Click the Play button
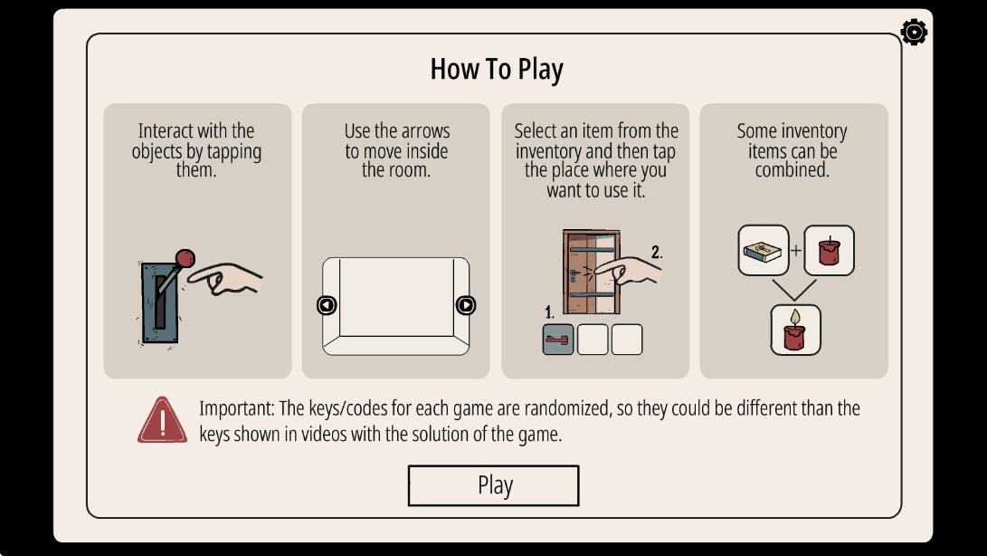[494, 485]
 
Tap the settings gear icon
[914, 32]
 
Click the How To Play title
[497, 70]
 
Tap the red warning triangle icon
[163, 420]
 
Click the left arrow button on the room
[327, 305]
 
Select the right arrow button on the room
[465, 305]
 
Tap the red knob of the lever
[185, 258]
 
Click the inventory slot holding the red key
[557, 340]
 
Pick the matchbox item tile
[763, 250]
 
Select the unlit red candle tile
[829, 250]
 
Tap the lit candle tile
[795, 330]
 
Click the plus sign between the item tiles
[796, 250]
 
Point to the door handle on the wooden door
[574, 275]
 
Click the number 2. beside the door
[657, 252]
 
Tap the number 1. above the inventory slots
[549, 312]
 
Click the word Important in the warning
[237, 408]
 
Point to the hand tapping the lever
[225, 279]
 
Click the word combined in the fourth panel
[792, 169]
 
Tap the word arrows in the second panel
[423, 131]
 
